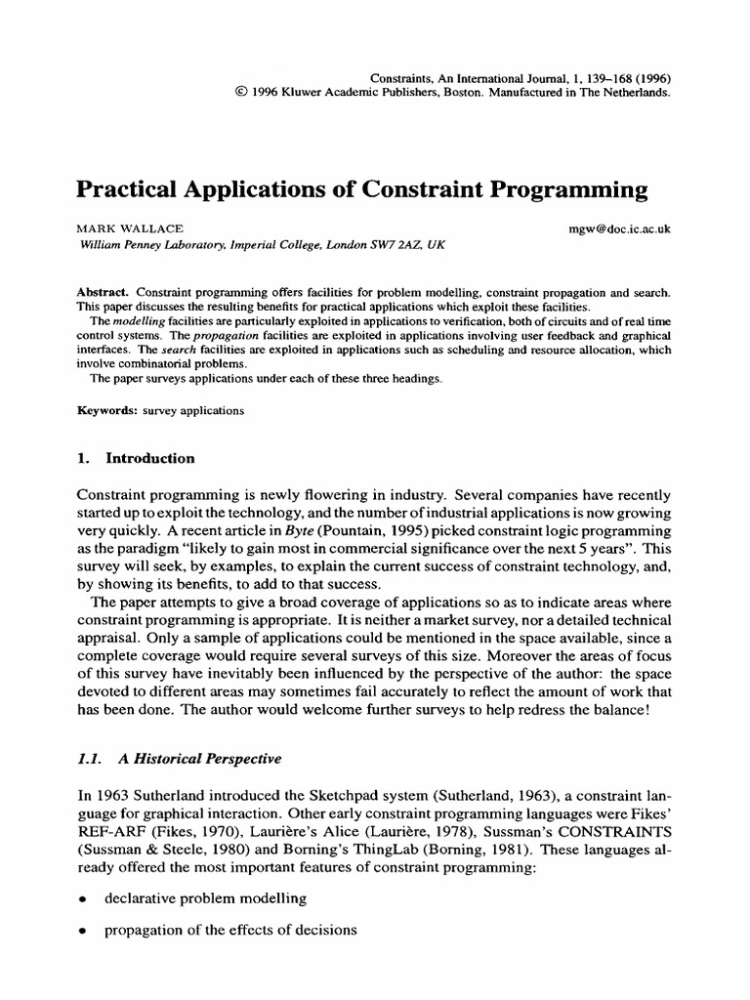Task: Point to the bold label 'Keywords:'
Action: pos(107,410)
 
